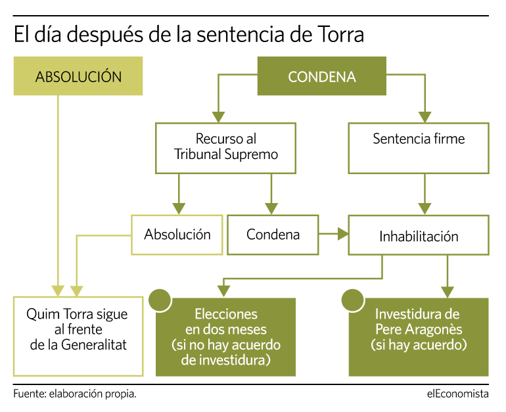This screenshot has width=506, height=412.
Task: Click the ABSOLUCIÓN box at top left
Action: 78,76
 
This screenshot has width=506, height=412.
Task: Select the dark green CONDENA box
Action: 322,76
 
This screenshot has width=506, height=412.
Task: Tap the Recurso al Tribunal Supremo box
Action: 225,148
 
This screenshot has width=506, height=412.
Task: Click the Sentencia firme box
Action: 419,148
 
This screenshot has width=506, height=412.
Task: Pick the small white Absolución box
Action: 177,235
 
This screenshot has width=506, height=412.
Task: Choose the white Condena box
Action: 273,235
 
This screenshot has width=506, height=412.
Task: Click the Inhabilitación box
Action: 419,235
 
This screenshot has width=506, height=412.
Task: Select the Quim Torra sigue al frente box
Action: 78,336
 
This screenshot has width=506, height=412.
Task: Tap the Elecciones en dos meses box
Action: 225,337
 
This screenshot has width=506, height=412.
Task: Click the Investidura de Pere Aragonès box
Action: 419,337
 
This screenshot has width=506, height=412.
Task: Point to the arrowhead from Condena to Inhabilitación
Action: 343,233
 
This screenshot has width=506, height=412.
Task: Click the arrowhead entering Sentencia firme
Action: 425,117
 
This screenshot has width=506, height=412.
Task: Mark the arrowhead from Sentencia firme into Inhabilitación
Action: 425,209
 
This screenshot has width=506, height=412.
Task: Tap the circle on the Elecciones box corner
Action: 160,300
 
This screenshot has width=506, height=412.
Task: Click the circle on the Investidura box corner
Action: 353,300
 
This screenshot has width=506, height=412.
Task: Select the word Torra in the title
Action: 341,35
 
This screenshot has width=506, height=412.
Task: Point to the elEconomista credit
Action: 458,394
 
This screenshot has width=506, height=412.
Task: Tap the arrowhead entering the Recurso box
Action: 218,117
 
